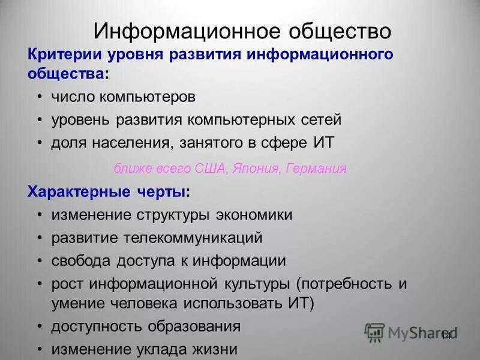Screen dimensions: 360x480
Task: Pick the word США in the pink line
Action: click(x=210, y=169)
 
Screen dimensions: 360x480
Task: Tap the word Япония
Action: click(x=252, y=169)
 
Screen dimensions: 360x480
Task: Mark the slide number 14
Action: click(x=446, y=335)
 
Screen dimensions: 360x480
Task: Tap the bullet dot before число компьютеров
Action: click(x=39, y=97)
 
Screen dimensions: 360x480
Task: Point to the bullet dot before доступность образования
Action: click(x=39, y=326)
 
